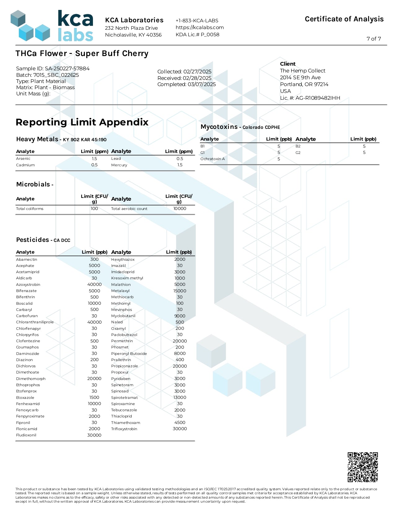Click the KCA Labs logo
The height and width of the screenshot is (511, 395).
pos(52,26)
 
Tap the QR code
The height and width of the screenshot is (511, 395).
pos(362,467)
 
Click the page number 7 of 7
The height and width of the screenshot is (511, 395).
pos(374,39)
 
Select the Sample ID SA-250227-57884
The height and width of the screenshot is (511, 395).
pos(67,68)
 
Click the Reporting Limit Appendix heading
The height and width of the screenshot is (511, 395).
pos(82,122)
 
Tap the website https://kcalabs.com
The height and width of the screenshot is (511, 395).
pos(200,27)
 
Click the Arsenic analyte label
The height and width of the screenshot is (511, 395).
pos(23,159)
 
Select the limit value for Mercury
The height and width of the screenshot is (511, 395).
pos(180,165)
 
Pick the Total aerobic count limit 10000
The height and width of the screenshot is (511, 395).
pos(180,208)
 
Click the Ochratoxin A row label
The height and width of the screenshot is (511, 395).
pos(213,159)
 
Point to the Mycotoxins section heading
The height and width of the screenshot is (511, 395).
pos(219,127)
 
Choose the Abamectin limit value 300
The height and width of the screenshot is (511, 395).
pos(94,259)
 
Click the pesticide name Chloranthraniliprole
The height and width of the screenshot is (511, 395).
pos(35,322)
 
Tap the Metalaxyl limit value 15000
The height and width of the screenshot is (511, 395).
pos(180,291)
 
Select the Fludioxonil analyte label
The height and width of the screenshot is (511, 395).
pos(26,435)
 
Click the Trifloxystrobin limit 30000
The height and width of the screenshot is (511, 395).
pos(180,429)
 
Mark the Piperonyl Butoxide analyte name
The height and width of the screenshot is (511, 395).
pos(129,353)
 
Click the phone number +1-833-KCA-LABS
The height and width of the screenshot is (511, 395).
pos(197,20)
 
